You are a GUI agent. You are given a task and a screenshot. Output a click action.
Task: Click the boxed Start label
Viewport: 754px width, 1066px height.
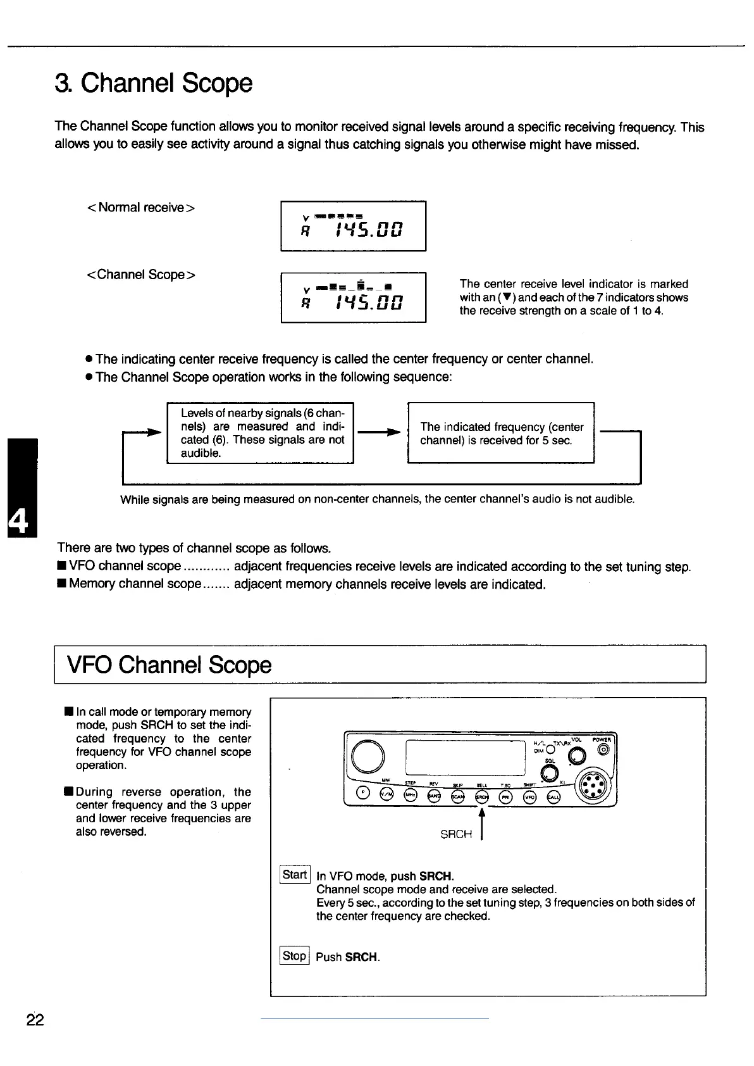click(x=295, y=875)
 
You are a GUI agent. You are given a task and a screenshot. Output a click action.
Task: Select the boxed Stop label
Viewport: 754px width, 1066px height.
click(x=294, y=956)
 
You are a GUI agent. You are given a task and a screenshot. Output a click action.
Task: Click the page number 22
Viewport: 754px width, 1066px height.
click(x=35, y=1020)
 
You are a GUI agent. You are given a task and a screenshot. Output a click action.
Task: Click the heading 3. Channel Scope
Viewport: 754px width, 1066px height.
click(x=154, y=83)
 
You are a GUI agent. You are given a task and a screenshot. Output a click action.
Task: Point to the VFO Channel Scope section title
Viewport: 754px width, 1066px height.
click(x=169, y=665)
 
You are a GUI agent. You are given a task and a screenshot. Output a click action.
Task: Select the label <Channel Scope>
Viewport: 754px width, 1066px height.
click(x=140, y=275)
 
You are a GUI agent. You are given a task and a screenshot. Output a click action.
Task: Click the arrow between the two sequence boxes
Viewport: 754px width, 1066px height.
click(x=380, y=432)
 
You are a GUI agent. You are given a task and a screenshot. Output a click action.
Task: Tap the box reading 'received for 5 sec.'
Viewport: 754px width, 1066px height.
click(x=501, y=433)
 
